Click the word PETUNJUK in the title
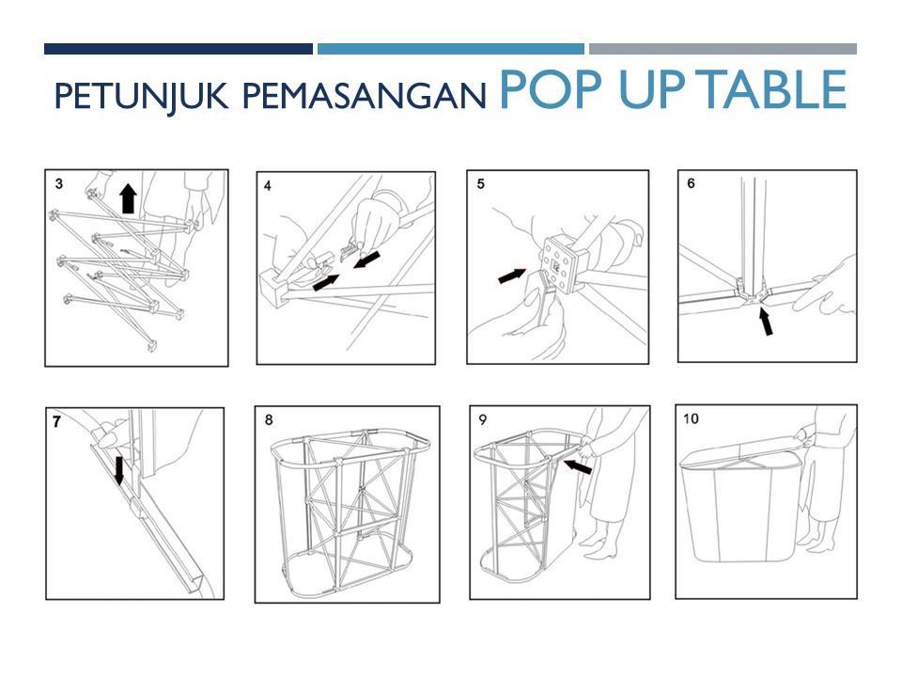tap(141, 96)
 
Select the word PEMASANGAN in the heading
tap(365, 96)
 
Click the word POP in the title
tap(551, 89)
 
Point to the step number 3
tap(59, 183)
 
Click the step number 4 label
tap(268, 186)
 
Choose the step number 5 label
tap(481, 183)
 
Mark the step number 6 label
tap(691, 183)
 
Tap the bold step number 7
tap(56, 422)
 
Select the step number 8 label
tap(269, 419)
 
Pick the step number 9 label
tap(483, 419)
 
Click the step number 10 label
tap(691, 418)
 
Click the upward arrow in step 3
tap(129, 198)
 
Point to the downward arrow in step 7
tap(119, 471)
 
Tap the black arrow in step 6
tap(766, 322)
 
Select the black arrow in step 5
tap(512, 276)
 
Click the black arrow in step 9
tap(577, 466)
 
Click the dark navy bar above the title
tap(179, 49)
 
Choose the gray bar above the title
tap(723, 49)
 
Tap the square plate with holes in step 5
tap(560, 265)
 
